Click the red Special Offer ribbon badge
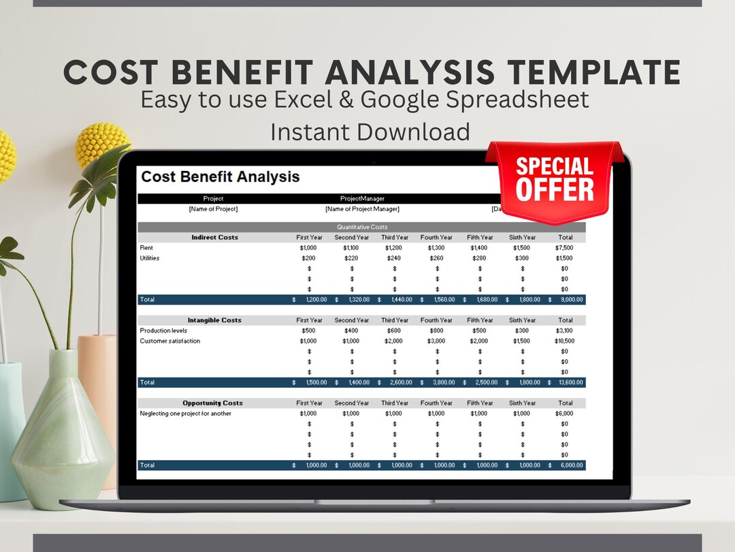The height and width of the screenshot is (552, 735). (x=554, y=179)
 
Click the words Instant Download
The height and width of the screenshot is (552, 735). (x=370, y=132)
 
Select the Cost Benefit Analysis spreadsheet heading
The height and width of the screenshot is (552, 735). (x=220, y=177)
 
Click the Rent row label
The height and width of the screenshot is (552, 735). (x=146, y=248)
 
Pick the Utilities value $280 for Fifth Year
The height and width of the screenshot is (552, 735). (x=479, y=258)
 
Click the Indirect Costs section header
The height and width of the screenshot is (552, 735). (x=214, y=237)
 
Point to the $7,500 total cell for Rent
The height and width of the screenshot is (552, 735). (x=564, y=248)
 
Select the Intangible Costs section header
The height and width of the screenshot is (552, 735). (x=214, y=320)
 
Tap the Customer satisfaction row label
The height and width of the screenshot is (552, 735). (x=170, y=341)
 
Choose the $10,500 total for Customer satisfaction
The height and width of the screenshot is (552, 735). (x=564, y=341)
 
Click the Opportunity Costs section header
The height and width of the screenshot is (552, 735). (x=212, y=403)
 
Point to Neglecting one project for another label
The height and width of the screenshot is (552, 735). (x=185, y=414)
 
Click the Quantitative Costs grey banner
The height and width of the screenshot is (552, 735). (x=362, y=227)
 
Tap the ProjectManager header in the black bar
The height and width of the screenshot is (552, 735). (x=362, y=199)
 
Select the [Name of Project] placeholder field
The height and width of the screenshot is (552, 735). (x=213, y=209)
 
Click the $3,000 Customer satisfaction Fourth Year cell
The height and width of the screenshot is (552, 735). (x=436, y=341)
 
